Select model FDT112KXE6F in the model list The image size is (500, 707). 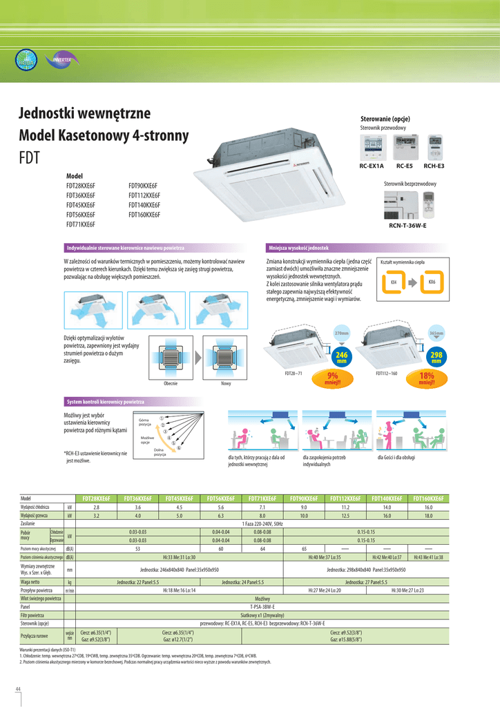[x=144, y=195]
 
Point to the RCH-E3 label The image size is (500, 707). [x=434, y=166]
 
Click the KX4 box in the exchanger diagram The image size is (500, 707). [x=393, y=283]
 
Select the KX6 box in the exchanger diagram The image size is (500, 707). [x=432, y=283]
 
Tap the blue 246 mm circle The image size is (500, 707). [x=341, y=357]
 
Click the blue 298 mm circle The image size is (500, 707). [x=436, y=357]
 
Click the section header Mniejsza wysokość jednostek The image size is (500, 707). [x=299, y=247]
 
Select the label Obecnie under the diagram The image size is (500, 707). [x=171, y=383]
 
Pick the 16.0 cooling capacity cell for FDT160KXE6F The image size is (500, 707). [x=428, y=507]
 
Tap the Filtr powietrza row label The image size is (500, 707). [x=32, y=614]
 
